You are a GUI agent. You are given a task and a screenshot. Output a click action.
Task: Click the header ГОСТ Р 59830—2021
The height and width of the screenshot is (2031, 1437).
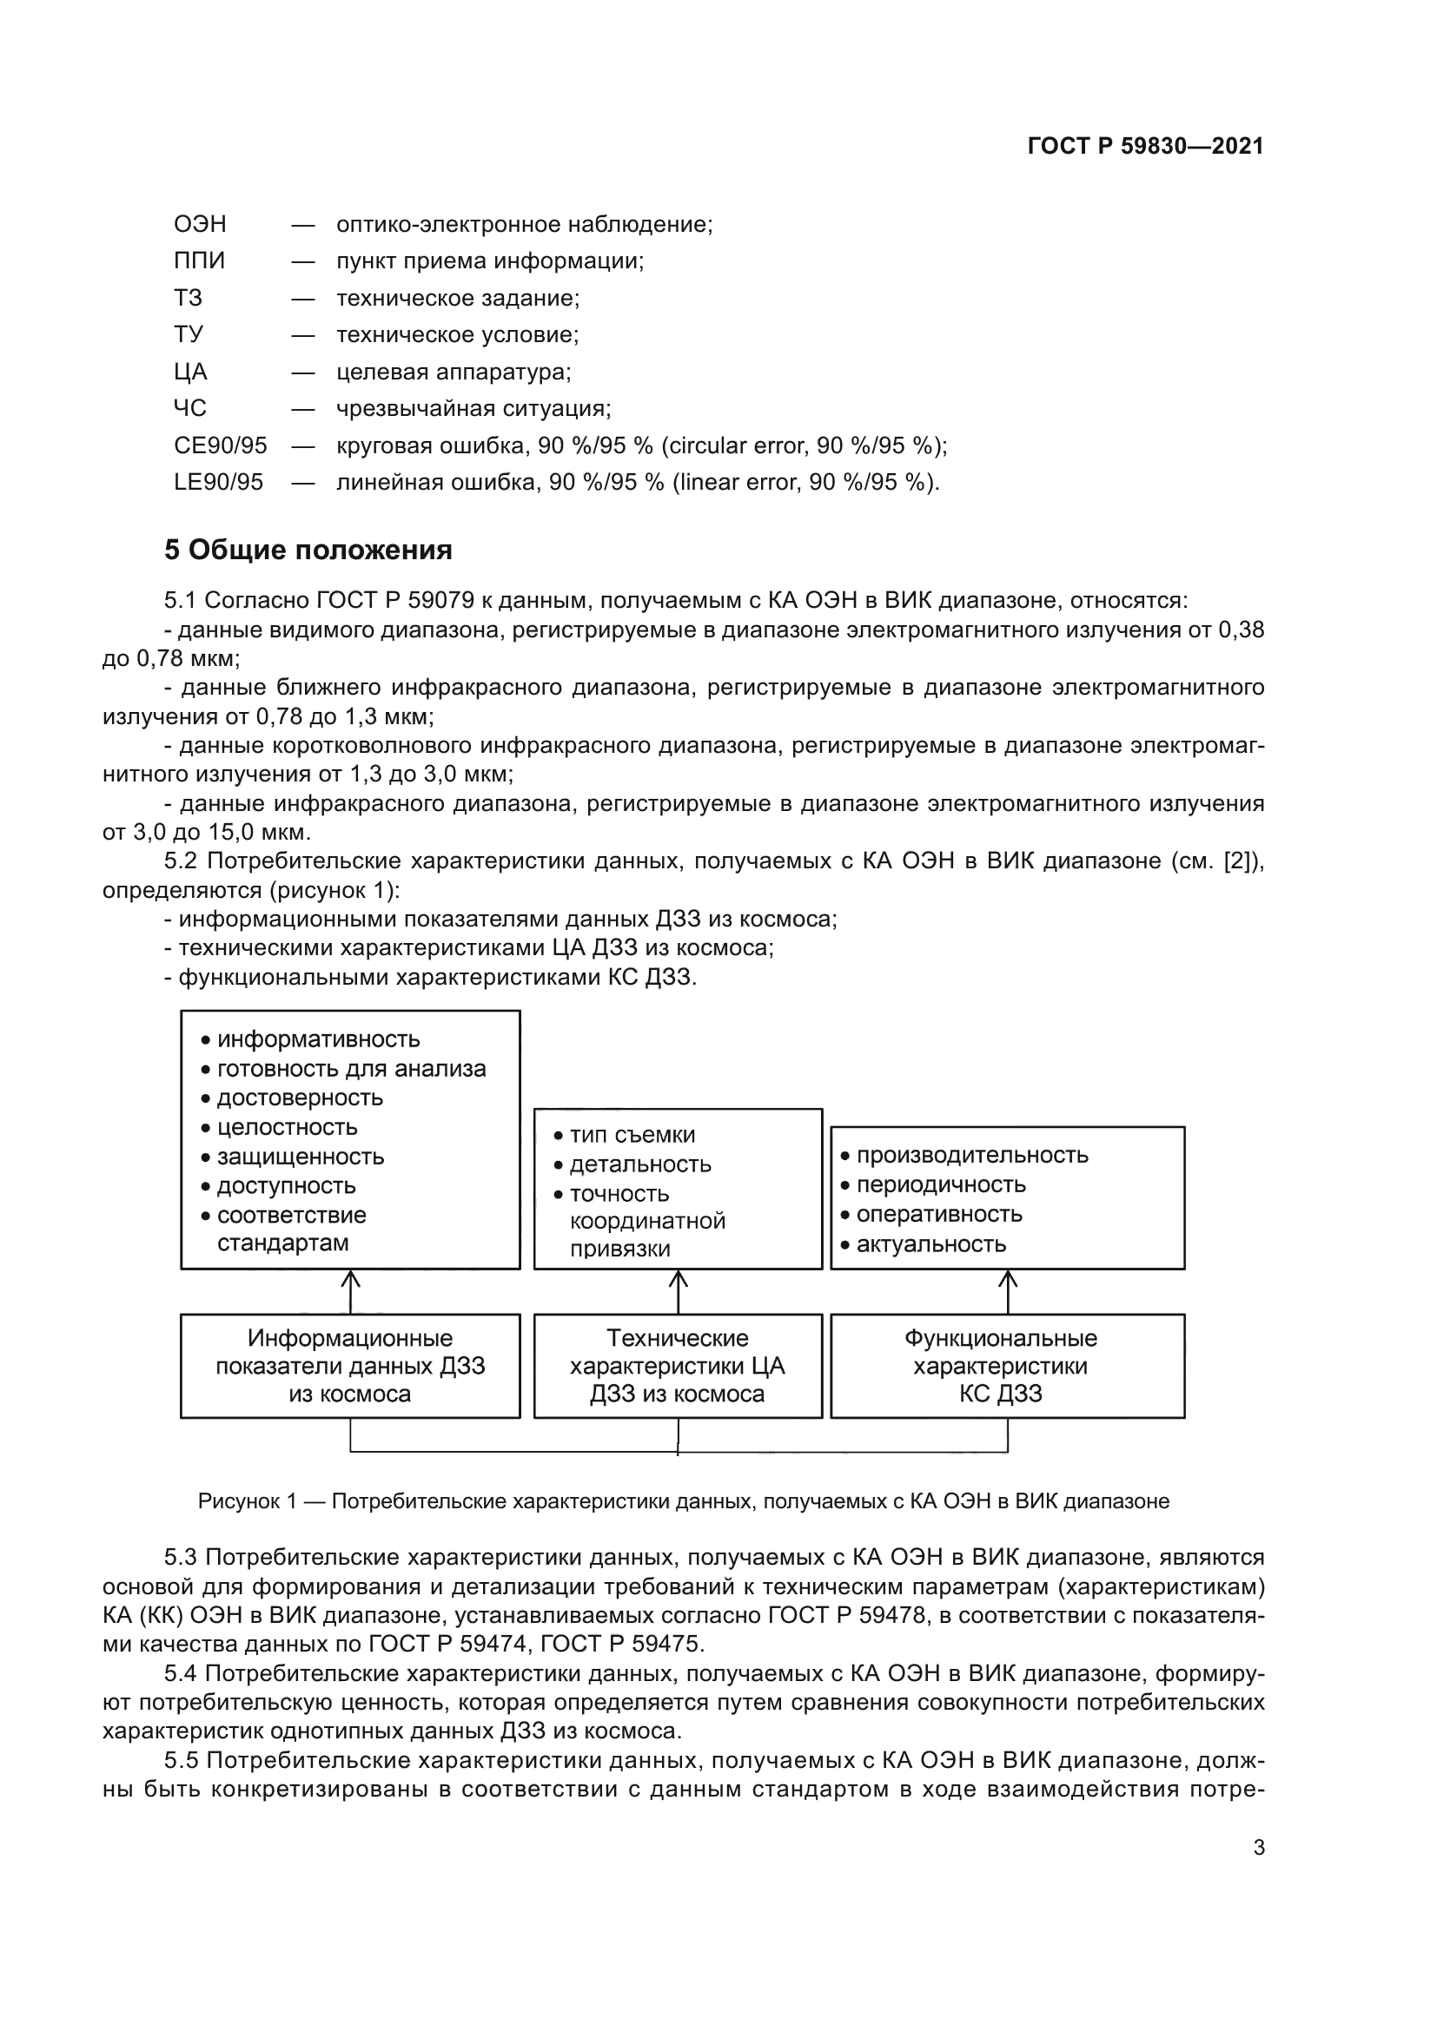[1145, 146]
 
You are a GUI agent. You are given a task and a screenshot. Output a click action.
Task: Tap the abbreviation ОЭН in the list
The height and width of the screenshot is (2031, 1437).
[200, 224]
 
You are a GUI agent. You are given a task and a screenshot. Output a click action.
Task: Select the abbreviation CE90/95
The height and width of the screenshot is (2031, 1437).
[221, 445]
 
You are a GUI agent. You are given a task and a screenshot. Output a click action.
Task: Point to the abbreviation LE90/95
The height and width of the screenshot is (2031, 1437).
[219, 482]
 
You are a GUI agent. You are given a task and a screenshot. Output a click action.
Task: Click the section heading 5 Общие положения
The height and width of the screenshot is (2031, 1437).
[308, 551]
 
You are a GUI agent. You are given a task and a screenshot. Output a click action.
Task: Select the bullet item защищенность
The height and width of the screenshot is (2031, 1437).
[300, 1156]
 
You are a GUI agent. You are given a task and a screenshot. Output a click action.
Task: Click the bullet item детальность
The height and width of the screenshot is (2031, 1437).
[639, 1164]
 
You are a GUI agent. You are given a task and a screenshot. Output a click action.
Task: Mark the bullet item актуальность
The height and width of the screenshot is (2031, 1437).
[930, 1243]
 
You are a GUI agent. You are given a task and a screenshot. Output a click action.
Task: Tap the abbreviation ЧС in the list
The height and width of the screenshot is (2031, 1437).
[190, 408]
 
